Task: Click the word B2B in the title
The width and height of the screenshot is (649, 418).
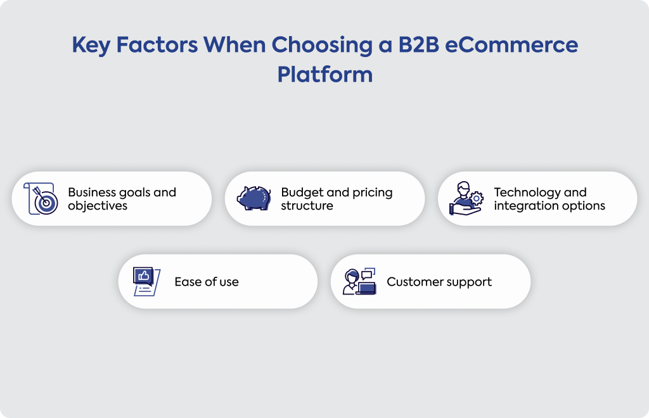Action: click(418, 45)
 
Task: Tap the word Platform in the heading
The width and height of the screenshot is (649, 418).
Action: click(325, 75)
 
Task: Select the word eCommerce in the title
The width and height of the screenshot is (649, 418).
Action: click(511, 45)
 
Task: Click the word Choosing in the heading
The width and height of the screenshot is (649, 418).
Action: click(322, 46)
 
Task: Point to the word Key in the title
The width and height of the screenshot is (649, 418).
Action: click(91, 46)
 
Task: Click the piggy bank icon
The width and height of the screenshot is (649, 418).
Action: click(254, 198)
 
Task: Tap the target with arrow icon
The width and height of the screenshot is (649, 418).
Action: click(41, 198)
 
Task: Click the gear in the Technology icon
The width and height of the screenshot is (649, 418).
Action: click(477, 198)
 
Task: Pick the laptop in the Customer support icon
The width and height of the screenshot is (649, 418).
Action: click(367, 288)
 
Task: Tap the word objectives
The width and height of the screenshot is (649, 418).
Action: click(98, 205)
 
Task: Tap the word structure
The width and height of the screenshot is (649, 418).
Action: click(307, 206)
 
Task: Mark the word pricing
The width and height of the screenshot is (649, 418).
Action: click(373, 193)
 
